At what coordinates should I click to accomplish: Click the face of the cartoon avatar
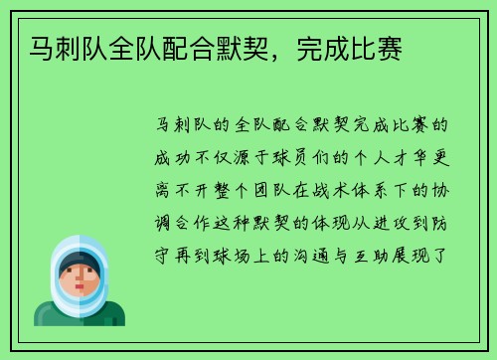(80, 275)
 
